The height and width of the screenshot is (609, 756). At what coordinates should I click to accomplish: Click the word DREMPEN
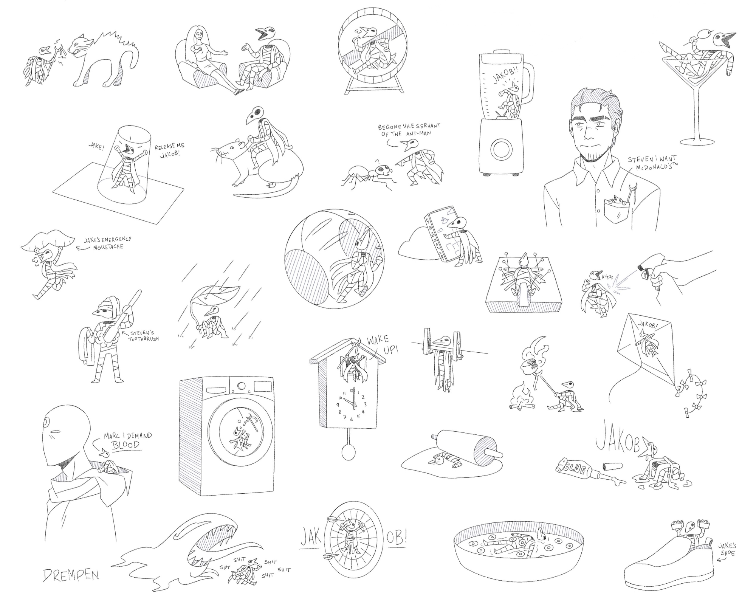[71, 575]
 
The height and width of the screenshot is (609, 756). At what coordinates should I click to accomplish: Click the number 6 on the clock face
[351, 419]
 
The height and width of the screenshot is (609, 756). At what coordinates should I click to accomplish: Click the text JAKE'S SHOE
[726, 550]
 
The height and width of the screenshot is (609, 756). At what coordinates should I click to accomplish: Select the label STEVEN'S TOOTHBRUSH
[144, 336]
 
